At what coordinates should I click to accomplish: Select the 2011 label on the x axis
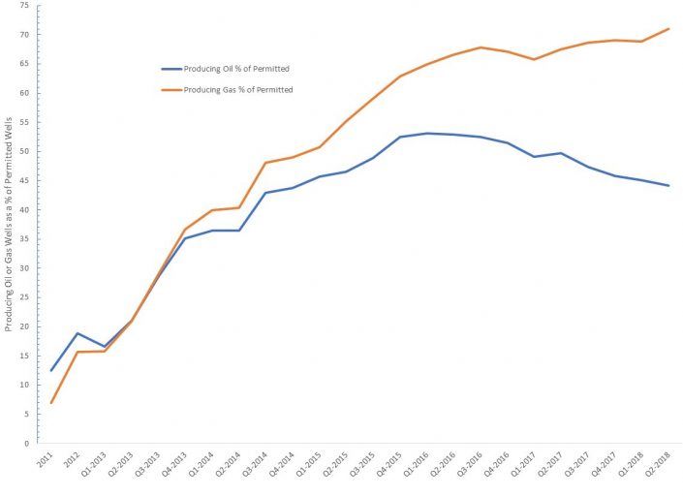coord(45,458)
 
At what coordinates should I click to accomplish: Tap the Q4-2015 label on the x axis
coord(390,462)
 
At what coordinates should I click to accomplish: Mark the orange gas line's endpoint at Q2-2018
coord(668,29)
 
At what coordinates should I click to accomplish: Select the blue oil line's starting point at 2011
coord(51,370)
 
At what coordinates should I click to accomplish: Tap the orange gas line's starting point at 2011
coord(51,403)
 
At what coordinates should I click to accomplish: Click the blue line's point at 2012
coord(78,333)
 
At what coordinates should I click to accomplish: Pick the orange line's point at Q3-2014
coord(265,163)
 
